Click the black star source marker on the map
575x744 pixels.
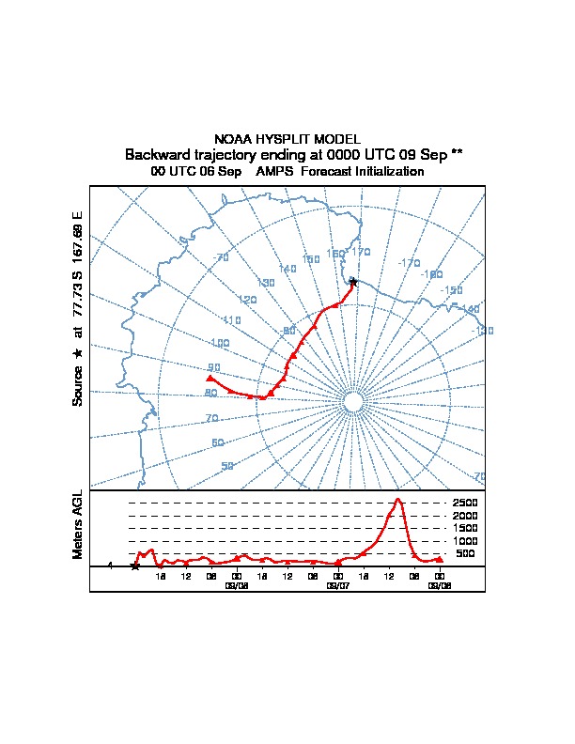[x=352, y=282]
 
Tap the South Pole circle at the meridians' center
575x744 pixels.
[x=353, y=402]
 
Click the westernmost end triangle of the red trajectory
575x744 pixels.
[x=210, y=378]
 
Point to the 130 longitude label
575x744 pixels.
[x=266, y=283]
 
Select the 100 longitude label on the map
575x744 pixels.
[x=220, y=344]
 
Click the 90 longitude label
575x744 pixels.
[x=214, y=368]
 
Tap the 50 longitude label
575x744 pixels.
[x=227, y=466]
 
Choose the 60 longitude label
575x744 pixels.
[x=218, y=442]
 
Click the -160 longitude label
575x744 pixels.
[x=432, y=274]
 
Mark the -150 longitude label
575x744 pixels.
[x=453, y=291]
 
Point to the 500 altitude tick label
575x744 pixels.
[x=466, y=553]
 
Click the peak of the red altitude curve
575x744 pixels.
[x=398, y=500]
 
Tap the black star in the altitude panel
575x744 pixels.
[x=135, y=566]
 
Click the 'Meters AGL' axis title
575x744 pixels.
[x=78, y=524]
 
